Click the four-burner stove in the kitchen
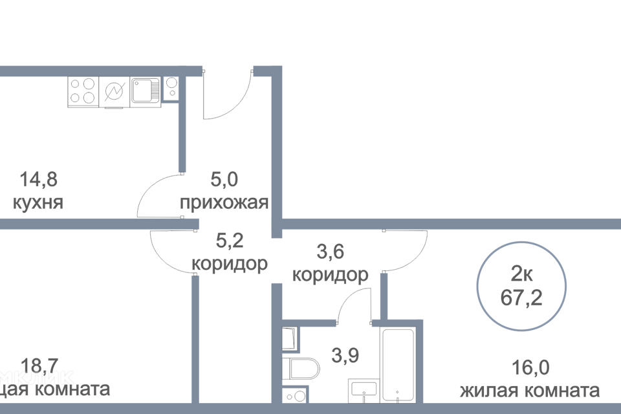[x=83, y=91]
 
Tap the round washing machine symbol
[x=114, y=91]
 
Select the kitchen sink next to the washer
[x=146, y=91]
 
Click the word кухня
[x=38, y=203]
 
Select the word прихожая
[x=224, y=204]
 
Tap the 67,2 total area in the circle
[x=521, y=299]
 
